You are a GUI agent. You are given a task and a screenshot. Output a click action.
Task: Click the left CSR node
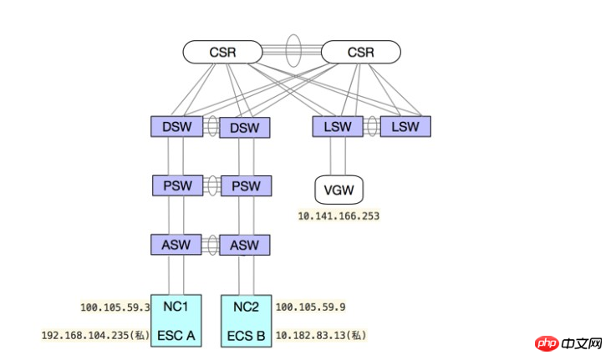coord(222,52)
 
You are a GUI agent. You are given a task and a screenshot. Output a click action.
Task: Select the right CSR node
coord(360,52)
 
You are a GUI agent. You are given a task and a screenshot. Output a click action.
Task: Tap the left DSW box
coord(177,127)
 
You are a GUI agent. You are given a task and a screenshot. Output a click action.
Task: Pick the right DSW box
coord(245,128)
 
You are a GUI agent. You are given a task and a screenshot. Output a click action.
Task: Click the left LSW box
coord(338,127)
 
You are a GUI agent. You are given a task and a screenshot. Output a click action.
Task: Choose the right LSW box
coord(405,127)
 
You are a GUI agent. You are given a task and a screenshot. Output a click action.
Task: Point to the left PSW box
coord(178,185)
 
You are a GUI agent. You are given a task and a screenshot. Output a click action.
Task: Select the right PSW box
coord(247,185)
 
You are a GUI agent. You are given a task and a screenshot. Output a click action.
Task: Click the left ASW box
coord(176,245)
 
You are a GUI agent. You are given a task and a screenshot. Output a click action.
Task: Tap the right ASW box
coord(245,245)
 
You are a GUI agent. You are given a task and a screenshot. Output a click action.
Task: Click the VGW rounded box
coord(339,190)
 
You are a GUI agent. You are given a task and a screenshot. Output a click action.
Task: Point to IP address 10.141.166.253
coord(339,215)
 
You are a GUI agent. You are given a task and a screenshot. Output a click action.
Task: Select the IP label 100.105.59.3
coord(115,307)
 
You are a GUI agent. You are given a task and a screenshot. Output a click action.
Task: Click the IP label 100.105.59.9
coord(311,307)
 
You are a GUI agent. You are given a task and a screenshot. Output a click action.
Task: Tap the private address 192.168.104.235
coord(85,336)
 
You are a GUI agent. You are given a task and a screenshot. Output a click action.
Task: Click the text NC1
coord(176,307)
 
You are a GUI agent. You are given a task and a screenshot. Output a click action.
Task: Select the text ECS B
coord(247,336)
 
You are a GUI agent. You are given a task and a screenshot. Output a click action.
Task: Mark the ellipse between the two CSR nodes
coord(293,51)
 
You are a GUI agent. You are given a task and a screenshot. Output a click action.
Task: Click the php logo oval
coord(547,343)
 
